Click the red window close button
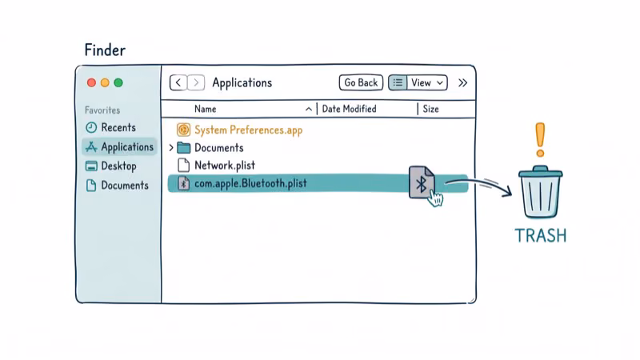pos(91,82)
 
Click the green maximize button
pos(118,82)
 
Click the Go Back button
pos(360,82)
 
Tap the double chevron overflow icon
pos(462,82)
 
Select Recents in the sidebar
pos(118,128)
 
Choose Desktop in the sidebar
pos(118,166)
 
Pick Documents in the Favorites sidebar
pos(124,186)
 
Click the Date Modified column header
pos(349,109)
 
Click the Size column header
pos(430,109)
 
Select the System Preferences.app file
pos(248,130)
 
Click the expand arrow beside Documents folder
pos(171,148)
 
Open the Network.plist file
pos(225,166)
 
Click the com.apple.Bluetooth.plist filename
pos(250,183)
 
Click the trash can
pos(540,192)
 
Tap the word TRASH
pos(540,235)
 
